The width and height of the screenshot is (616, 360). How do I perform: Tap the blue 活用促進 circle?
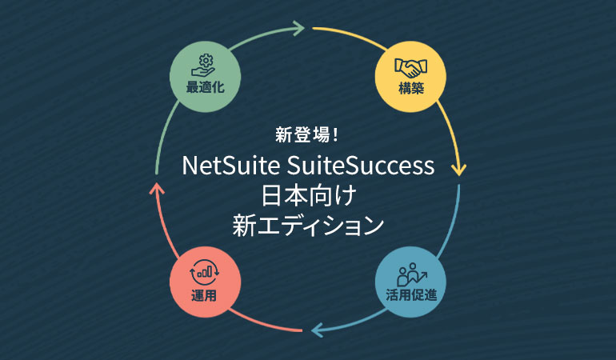pyautogui.click(x=410, y=281)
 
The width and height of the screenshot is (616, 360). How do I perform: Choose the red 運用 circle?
pyautogui.click(x=204, y=281)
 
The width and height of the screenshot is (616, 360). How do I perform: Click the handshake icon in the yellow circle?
pyautogui.click(x=410, y=66)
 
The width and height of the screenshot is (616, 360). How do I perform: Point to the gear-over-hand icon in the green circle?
pyautogui.click(x=204, y=64)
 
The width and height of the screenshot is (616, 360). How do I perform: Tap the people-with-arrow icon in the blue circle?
pyautogui.click(x=410, y=272)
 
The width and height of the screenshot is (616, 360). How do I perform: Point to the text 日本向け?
pyautogui.click(x=308, y=196)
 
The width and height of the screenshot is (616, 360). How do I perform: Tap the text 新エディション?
pyautogui.click(x=308, y=225)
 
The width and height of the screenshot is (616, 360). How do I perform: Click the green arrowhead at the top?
pyautogui.click(x=299, y=30)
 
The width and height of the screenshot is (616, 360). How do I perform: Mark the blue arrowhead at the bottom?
pyautogui.click(x=318, y=327)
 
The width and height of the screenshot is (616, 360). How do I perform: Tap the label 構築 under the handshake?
pyautogui.click(x=410, y=88)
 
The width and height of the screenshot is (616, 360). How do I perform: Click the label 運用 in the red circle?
pyautogui.click(x=204, y=294)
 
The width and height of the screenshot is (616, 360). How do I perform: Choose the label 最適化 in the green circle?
pyautogui.click(x=204, y=88)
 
